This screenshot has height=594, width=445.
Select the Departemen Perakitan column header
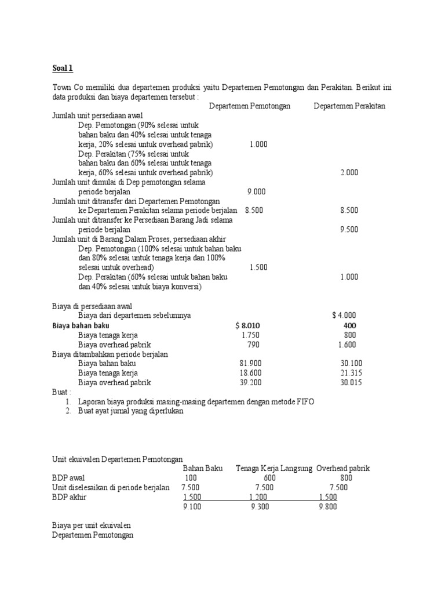pos(349,106)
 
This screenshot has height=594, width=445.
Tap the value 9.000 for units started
pos(256,191)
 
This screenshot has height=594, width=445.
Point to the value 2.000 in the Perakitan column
pos(349,172)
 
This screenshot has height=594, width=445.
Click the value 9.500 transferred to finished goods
pos(349,229)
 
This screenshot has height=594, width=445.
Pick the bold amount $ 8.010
pos(247,325)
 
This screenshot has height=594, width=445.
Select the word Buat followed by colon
pos(61,392)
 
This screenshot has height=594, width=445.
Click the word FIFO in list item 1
pos(304,401)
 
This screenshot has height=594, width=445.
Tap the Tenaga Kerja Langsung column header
pos(274,468)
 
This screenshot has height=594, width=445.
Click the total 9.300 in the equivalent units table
pos(260,506)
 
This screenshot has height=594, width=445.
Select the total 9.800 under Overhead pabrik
pos(327,506)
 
